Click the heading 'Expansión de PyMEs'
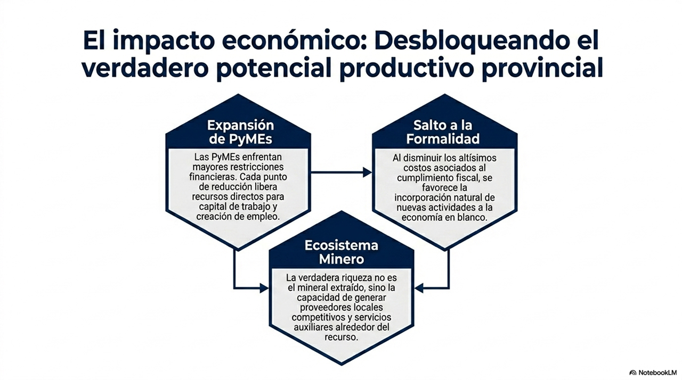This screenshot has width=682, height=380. [240, 132]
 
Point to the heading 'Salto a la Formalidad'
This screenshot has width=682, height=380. [443, 132]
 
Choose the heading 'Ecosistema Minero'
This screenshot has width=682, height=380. [342, 252]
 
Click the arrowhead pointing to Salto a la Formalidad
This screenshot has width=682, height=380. [367, 172]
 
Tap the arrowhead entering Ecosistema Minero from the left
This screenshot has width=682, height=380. [264, 288]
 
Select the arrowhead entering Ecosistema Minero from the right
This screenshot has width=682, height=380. [419, 288]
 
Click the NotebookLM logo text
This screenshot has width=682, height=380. [656, 373]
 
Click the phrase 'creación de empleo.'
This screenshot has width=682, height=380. [238, 217]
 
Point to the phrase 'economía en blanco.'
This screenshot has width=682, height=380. [444, 217]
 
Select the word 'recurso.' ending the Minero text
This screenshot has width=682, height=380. [341, 337]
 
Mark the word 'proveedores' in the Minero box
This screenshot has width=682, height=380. [325, 308]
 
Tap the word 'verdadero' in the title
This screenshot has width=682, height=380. [145, 69]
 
